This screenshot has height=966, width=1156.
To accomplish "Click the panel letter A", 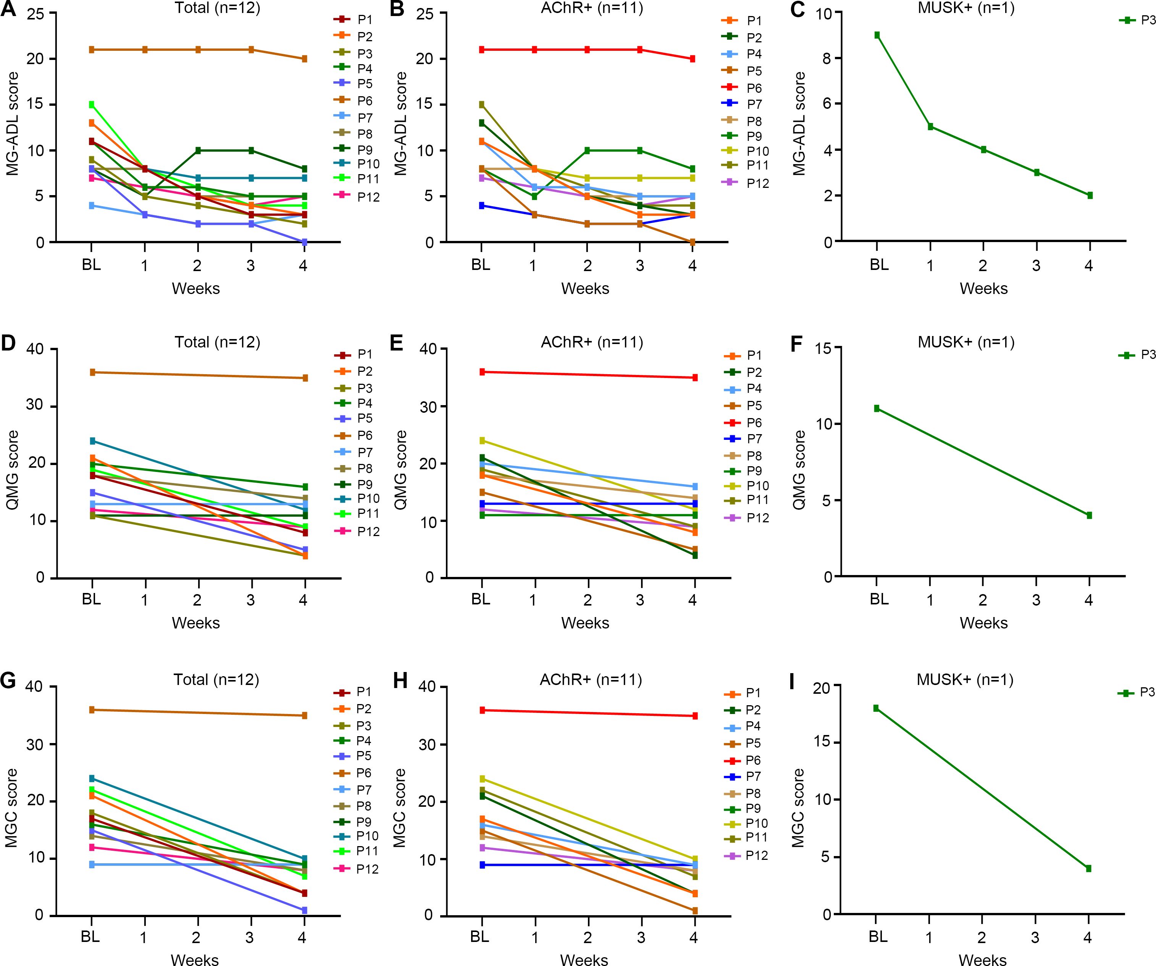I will tap(9, 10).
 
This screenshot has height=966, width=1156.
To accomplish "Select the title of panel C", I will tap(966, 8).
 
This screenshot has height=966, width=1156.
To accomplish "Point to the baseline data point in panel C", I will tap(877, 35).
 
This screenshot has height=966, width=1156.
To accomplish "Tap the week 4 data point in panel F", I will tap(1089, 515).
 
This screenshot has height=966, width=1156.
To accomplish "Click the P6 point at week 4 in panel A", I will tap(304, 59).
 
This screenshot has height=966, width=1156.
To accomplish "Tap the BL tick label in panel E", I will tap(481, 599).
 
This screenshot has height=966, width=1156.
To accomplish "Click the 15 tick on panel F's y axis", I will tap(825, 348).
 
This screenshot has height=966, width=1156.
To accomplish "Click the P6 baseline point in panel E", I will tap(482, 372).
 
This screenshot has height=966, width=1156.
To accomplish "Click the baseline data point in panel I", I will tap(876, 708).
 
